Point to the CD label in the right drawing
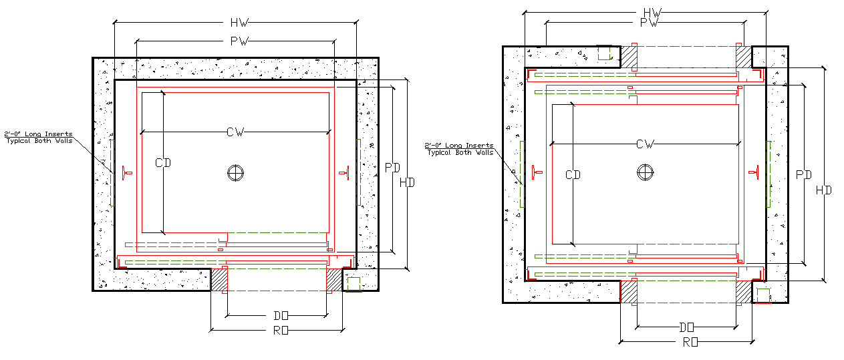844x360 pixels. coord(573,175)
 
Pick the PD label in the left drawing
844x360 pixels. coord(392,168)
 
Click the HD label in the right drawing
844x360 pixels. coord(824,190)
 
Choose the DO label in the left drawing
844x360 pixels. coord(281,315)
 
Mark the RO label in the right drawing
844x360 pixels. coord(690,342)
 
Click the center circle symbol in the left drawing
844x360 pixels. coord(234,172)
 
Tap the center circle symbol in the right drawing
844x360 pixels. coord(644,172)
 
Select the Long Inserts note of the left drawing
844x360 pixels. coord(38,138)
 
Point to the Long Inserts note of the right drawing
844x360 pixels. coord(460,149)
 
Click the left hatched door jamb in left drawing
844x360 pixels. coord(219,279)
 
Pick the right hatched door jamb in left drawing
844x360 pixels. coord(333,279)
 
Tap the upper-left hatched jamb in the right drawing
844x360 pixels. coord(629,56)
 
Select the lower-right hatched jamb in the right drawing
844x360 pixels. coord(743,292)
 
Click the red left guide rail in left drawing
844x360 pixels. coord(126,174)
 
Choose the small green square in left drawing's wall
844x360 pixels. coord(353,283)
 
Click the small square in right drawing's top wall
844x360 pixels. coord(604,53)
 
